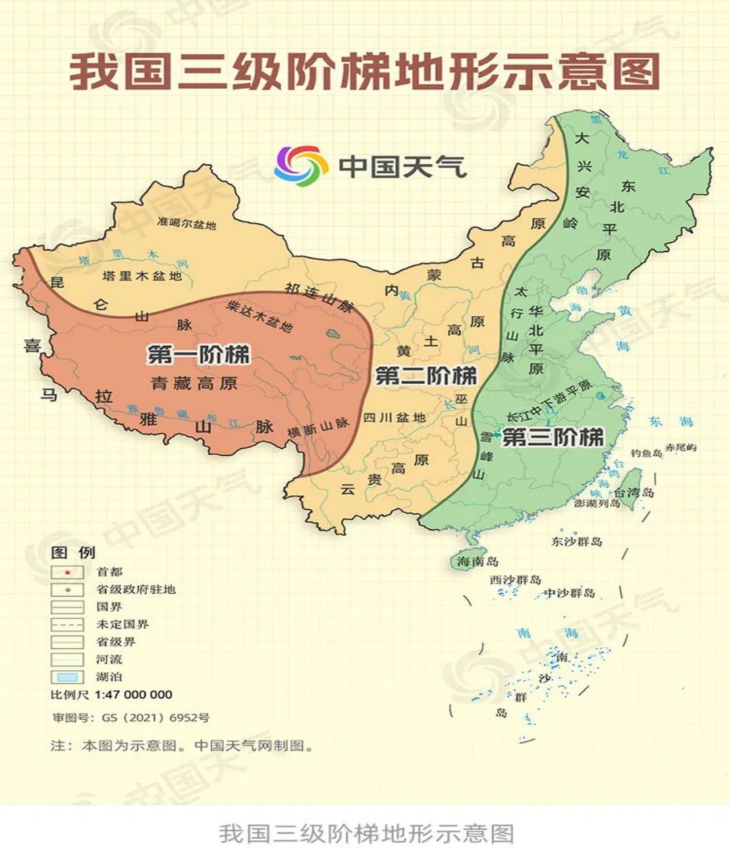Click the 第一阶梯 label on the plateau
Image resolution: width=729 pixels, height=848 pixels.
pyautogui.click(x=198, y=354)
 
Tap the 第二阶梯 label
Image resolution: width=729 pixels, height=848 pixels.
pyautogui.click(x=426, y=376)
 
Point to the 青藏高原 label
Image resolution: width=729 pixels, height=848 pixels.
pyautogui.click(x=194, y=384)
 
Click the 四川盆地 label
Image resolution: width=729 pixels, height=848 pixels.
pyautogui.click(x=395, y=417)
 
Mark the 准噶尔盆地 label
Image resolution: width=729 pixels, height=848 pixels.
pyautogui.click(x=186, y=223)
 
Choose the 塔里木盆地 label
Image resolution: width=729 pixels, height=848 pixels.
pyautogui.click(x=142, y=276)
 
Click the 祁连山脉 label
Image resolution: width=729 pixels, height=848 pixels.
pyautogui.click(x=319, y=297)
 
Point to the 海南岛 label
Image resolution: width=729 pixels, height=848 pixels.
pyautogui.click(x=477, y=561)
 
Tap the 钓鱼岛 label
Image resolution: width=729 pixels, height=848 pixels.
pyautogui.click(x=646, y=453)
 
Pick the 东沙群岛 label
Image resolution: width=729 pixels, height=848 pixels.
pyautogui.click(x=576, y=541)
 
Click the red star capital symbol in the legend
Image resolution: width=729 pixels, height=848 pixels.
pyautogui.click(x=67, y=572)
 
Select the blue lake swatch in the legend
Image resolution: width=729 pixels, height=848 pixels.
pyautogui.click(x=67, y=677)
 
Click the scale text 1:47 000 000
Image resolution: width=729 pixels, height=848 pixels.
pyautogui.click(x=134, y=695)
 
